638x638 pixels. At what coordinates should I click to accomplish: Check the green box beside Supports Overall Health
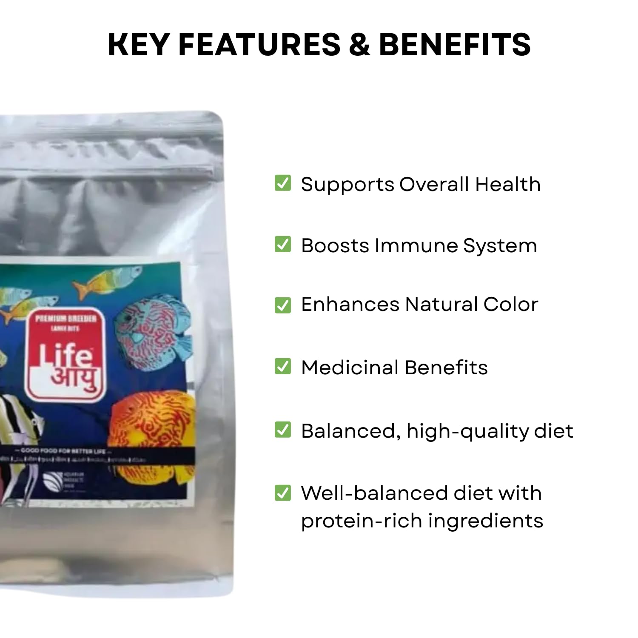pos(283,183)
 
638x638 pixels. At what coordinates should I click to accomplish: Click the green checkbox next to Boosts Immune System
pos(283,245)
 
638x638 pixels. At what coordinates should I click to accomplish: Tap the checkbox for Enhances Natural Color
pos(283,305)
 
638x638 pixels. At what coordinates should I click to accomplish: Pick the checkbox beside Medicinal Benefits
pos(283,366)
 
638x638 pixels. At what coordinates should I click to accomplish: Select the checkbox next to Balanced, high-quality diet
pos(283,430)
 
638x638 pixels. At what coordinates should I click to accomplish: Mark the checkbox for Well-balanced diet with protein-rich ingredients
pos(283,493)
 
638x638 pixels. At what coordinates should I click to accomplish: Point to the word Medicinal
pos(350,367)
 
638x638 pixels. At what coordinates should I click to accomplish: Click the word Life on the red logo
pos(67,356)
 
